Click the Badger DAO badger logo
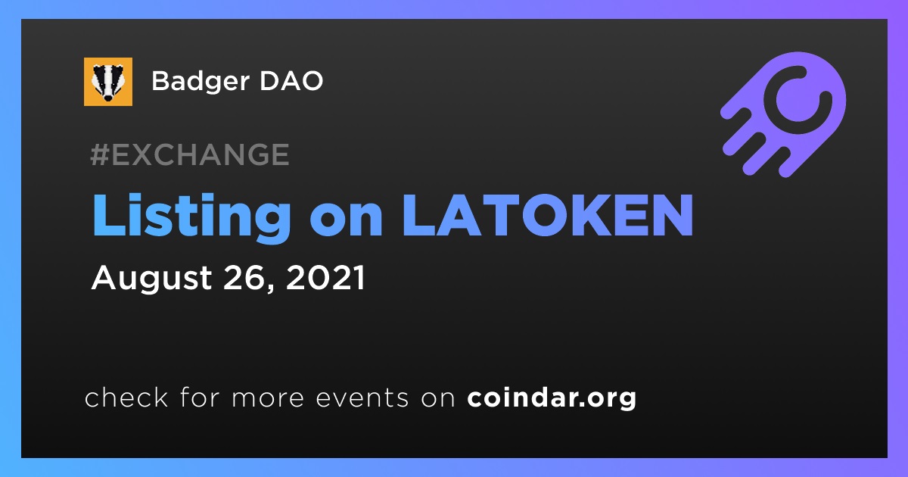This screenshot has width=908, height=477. [x=107, y=82]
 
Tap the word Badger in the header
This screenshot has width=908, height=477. [x=201, y=83]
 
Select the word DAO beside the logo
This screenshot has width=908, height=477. [x=291, y=81]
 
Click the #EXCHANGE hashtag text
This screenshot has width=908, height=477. [x=190, y=154]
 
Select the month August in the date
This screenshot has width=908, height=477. [x=151, y=279]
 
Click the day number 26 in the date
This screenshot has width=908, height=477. [x=245, y=278]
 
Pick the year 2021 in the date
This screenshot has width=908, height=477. [x=325, y=278]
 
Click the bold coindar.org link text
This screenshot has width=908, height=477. [x=552, y=398]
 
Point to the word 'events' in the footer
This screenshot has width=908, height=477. [x=362, y=397]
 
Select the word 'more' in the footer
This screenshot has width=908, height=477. [x=268, y=398]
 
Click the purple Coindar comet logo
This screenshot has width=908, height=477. [x=784, y=114]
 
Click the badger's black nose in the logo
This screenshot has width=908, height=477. [x=108, y=98]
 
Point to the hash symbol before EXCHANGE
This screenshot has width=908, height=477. [x=99, y=154]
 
